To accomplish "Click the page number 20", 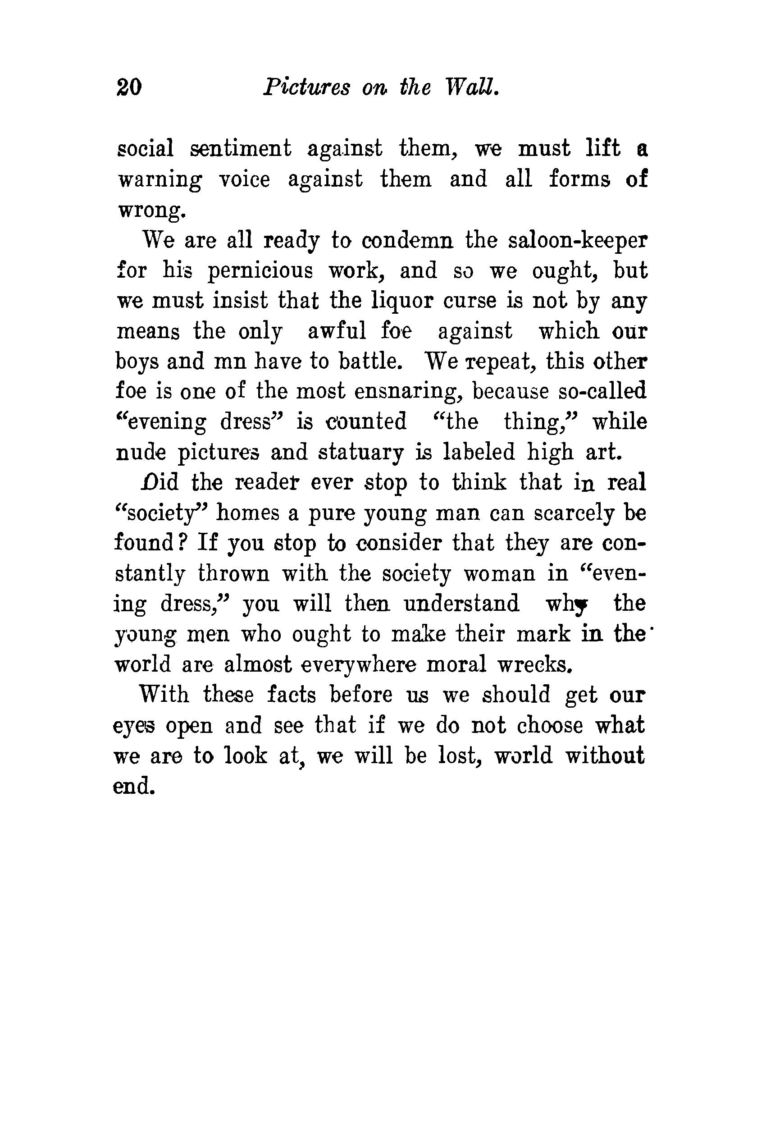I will [129, 88].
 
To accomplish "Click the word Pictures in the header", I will [306, 88].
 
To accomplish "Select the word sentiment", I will [241, 148].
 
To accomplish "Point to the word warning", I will [160, 180].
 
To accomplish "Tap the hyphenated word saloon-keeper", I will [577, 241].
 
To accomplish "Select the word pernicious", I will [260, 271].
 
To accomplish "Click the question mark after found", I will [180, 543].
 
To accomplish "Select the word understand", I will [461, 604].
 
